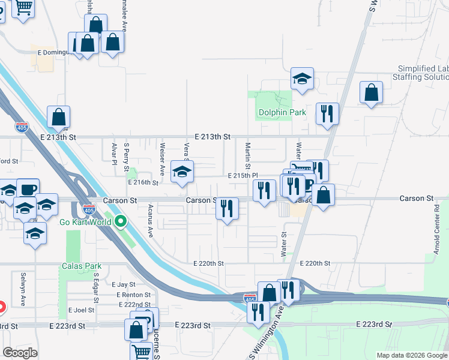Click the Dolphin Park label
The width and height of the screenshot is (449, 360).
[282, 112]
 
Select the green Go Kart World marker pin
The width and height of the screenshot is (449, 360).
[121, 222]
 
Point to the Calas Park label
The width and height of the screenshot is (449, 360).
[81, 266]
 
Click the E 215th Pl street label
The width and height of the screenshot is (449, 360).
[243, 175]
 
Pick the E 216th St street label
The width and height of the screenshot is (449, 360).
[143, 182]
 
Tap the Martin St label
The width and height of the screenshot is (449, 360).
[247, 155]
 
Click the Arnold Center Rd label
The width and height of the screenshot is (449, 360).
[437, 222]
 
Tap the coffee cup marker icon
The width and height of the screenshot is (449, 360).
[28, 188]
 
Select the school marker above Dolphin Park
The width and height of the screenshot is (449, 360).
[303, 79]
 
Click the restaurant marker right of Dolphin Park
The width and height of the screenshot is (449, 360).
[327, 113]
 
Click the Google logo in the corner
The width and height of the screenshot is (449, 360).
[20, 352]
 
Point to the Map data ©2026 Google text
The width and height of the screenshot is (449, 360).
[412, 355]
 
